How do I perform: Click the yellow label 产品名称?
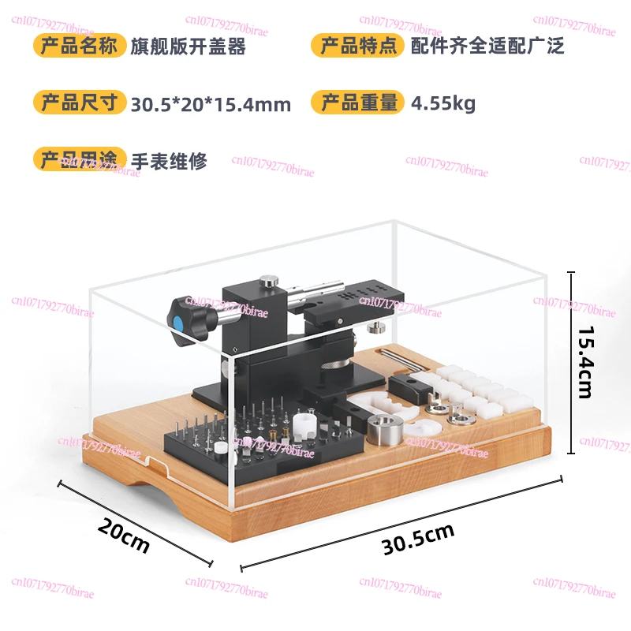point(80,45)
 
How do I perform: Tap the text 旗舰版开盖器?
point(188,47)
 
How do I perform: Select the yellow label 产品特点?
point(358,45)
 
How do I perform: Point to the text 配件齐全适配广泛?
point(487,46)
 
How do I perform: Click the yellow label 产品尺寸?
point(80,103)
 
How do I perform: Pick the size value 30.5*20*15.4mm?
point(211,104)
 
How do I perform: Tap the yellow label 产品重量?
point(358,103)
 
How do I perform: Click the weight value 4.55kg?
point(443,104)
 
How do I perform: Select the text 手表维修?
point(169,161)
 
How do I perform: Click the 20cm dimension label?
point(124,535)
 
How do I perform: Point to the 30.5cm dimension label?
point(418,539)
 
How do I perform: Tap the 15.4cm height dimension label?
point(585,361)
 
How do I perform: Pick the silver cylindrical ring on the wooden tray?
point(385,430)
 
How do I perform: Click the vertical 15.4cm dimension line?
point(571,363)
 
